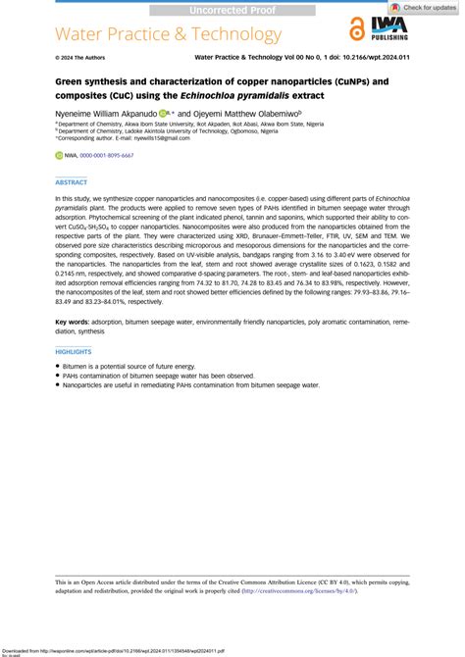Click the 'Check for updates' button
click(x=424, y=7)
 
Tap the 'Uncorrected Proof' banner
click(x=232, y=9)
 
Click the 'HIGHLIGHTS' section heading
click(x=75, y=350)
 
